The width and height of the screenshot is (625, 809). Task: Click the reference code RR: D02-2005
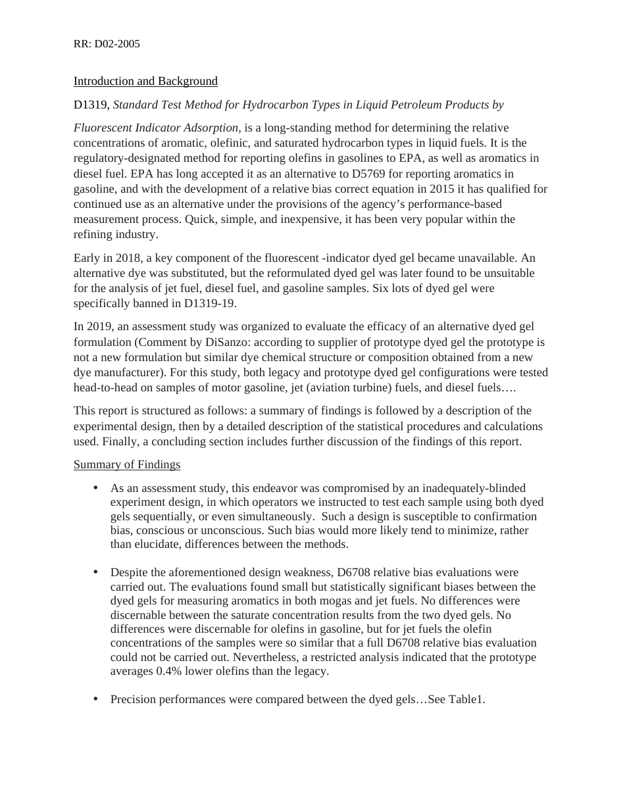tap(107, 44)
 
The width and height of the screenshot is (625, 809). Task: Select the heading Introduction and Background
tap(145, 81)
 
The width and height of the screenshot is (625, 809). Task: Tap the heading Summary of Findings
tap(127, 464)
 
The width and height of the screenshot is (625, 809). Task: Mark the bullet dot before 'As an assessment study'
tap(95, 487)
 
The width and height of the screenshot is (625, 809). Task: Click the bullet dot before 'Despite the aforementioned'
tap(95, 572)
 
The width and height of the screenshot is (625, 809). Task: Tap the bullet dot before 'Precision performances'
tap(95, 699)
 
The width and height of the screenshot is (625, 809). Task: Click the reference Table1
tap(466, 699)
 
